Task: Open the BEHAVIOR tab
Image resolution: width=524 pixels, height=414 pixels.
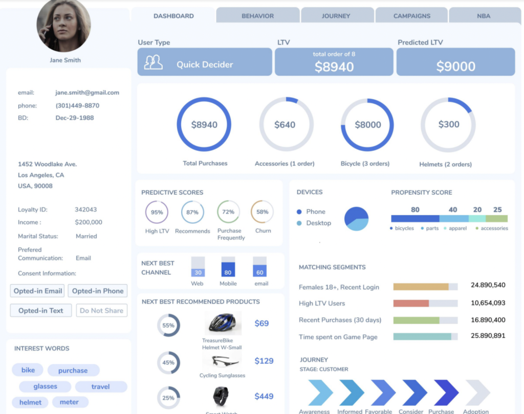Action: pos(257,16)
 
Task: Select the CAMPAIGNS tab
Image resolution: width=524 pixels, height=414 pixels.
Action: pos(411,16)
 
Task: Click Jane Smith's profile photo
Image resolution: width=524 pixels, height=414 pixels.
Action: pos(63,26)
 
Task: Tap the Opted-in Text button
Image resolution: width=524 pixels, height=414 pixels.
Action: pos(41,310)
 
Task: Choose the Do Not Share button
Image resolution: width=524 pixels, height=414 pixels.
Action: pos(101,310)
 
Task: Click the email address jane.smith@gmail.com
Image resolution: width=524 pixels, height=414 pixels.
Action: pos(87,93)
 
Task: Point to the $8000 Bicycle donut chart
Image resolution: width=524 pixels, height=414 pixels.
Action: pos(367,125)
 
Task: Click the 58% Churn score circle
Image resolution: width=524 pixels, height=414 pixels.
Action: pos(262,212)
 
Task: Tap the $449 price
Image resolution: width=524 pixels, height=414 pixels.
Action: pos(264,396)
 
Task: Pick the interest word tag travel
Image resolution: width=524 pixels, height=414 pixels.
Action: pos(100,386)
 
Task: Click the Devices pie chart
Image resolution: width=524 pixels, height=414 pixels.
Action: pos(356,219)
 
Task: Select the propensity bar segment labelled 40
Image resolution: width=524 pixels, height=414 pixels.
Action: pos(453,218)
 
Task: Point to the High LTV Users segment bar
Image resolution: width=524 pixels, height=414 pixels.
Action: pos(411,303)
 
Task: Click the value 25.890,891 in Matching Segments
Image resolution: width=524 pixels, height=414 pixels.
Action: pos(488,336)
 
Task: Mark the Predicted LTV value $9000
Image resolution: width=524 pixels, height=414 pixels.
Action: pos(455,66)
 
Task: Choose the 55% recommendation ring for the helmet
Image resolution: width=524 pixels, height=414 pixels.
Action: pos(168,325)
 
